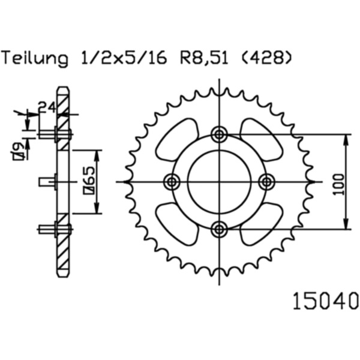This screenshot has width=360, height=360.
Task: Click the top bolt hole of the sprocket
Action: pos(220,134)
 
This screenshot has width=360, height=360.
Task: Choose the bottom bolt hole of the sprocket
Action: pos(220,228)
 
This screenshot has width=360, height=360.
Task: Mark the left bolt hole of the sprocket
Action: pos(173,181)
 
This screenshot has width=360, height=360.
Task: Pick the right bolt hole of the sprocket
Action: pos(266,181)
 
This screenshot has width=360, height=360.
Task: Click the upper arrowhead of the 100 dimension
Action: pos(347,139)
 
